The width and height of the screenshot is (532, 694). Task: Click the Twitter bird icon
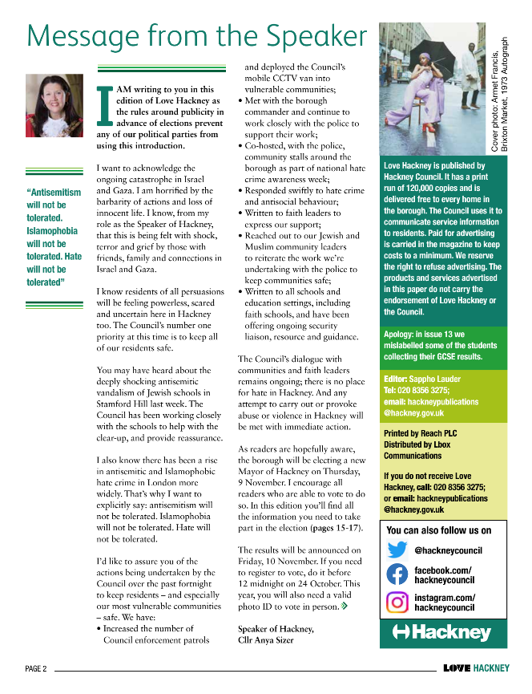(x=397, y=550)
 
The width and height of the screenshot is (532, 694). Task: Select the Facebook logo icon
(x=397, y=574)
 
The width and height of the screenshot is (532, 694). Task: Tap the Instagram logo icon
(x=397, y=602)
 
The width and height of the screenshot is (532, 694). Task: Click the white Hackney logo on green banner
(x=443, y=633)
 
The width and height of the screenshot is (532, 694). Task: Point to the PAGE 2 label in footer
(x=36, y=668)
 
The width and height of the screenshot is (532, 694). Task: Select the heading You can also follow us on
(x=438, y=530)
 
